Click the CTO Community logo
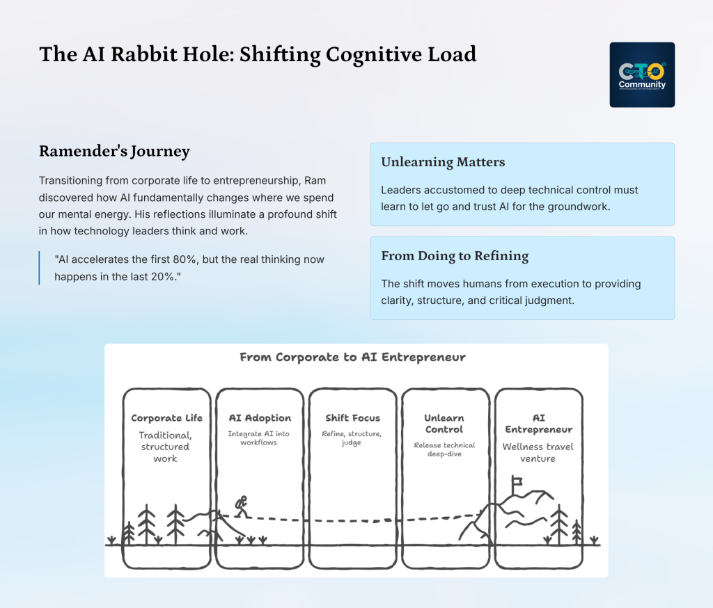coord(642,74)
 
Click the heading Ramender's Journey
coord(114,152)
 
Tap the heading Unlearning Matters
coord(443,162)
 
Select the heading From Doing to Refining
coord(455,256)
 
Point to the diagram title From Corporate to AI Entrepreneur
coord(352,357)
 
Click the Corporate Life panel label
coord(166,418)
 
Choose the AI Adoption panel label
coord(260,418)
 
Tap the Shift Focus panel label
coord(352,418)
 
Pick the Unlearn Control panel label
coord(444,424)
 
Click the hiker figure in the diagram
coord(240,506)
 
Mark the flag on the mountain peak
coord(516,481)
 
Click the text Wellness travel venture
coord(538,452)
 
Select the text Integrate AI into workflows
coord(260,438)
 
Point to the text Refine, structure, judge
coord(352,438)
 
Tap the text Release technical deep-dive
coord(444,449)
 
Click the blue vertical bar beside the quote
coord(40,268)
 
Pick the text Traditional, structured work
coord(166,447)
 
